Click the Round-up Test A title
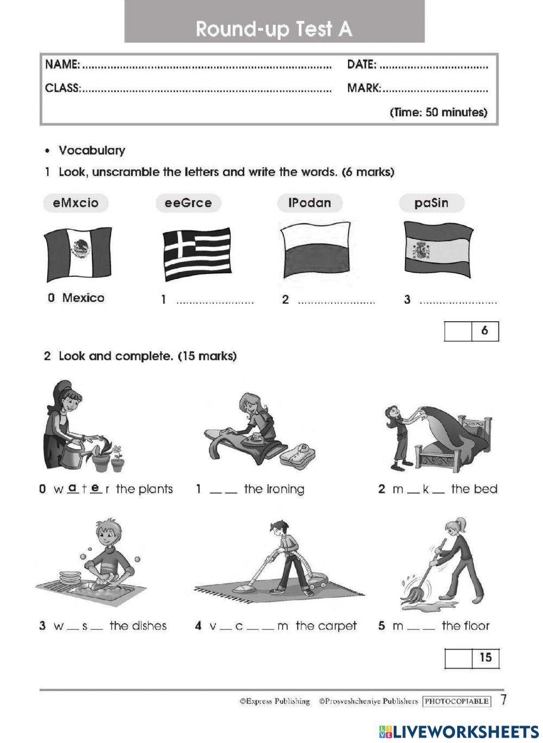point(274,29)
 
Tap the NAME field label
point(62,65)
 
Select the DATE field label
point(361,65)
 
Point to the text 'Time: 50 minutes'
point(438,112)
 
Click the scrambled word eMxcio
point(75,203)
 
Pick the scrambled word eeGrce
point(188,203)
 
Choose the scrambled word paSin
point(431,203)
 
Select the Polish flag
point(315,249)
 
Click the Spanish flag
point(437,249)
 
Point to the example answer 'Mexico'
point(83,297)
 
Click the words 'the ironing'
point(274,489)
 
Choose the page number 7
point(503,700)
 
